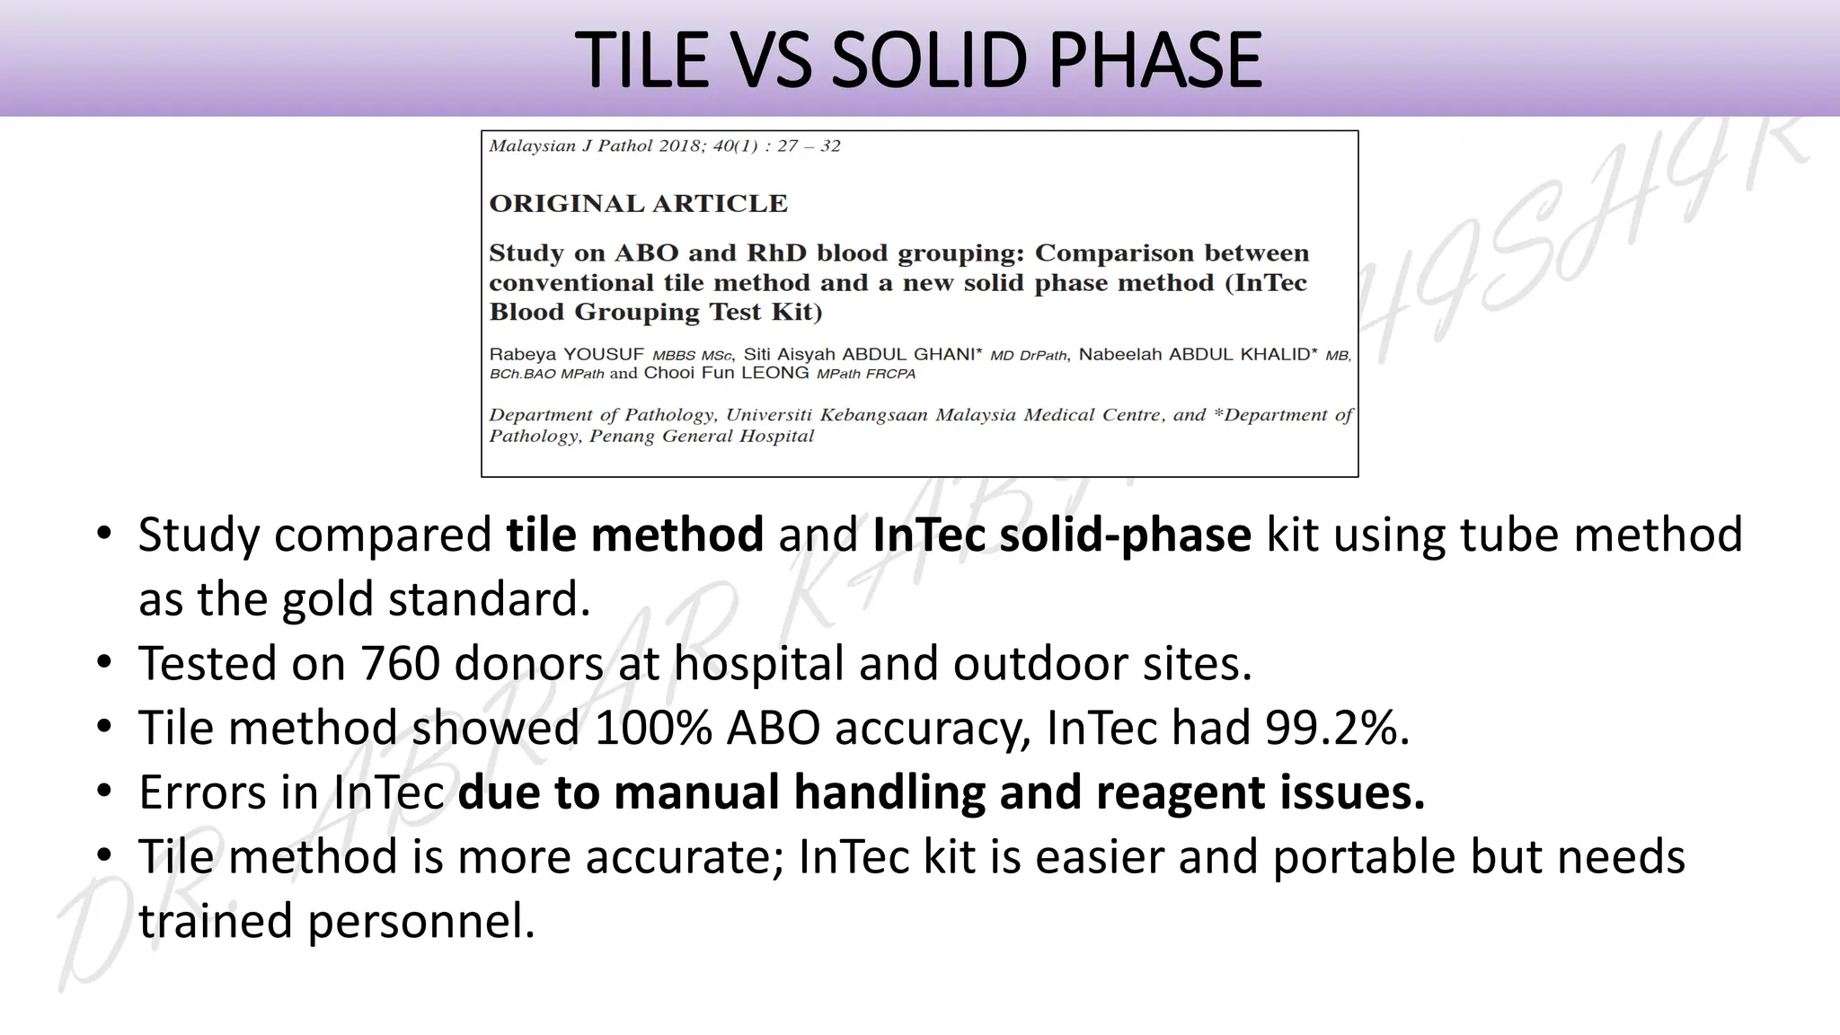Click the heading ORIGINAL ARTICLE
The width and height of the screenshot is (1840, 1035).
click(x=638, y=204)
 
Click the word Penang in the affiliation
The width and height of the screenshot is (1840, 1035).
click(x=624, y=437)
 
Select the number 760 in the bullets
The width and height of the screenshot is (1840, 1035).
click(x=400, y=664)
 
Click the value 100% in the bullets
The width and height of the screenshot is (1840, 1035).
click(x=653, y=728)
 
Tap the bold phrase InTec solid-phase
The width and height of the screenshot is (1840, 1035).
click(x=1061, y=535)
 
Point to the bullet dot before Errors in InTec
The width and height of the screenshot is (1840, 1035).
click(x=104, y=791)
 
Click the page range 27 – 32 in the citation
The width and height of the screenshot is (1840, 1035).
click(x=809, y=146)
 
